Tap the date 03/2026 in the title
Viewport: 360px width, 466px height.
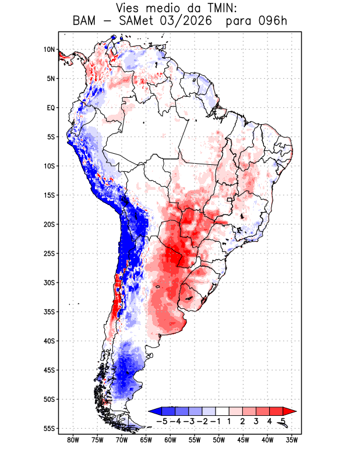tap(186, 21)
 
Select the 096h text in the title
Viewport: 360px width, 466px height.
tap(272, 21)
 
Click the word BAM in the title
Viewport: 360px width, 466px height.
tap(84, 21)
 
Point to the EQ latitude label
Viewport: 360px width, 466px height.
tap(51, 108)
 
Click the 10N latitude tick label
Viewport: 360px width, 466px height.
tap(50, 50)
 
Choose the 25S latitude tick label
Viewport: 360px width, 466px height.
tap(50, 253)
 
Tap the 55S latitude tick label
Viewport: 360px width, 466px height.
tap(50, 429)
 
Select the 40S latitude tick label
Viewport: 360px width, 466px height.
tap(50, 341)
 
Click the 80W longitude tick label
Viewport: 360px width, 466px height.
tap(73, 440)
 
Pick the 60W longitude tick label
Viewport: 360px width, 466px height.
tap(170, 440)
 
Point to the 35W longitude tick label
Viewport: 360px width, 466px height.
tap(292, 440)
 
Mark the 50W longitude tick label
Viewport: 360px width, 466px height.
tap(219, 440)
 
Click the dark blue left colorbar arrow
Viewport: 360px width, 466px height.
tap(156, 411)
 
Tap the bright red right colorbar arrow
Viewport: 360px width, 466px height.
tap(290, 411)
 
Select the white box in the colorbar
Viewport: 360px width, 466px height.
tap(223, 411)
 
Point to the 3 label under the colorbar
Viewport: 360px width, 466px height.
tap(256, 421)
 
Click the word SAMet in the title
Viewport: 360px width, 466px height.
tap(136, 21)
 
